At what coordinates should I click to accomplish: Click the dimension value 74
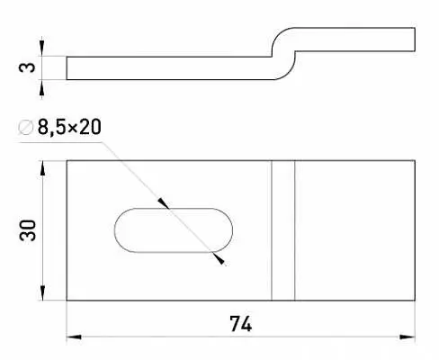241,324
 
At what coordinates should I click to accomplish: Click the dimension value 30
28,230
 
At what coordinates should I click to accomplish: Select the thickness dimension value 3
27,67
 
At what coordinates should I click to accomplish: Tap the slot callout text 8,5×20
69,127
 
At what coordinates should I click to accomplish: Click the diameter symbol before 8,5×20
25,127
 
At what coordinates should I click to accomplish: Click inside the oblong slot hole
174,230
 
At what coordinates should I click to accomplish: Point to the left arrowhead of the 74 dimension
74,337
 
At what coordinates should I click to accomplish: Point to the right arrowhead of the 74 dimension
408,337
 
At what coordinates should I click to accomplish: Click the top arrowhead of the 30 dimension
42,168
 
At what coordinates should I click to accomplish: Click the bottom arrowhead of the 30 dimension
42,292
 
